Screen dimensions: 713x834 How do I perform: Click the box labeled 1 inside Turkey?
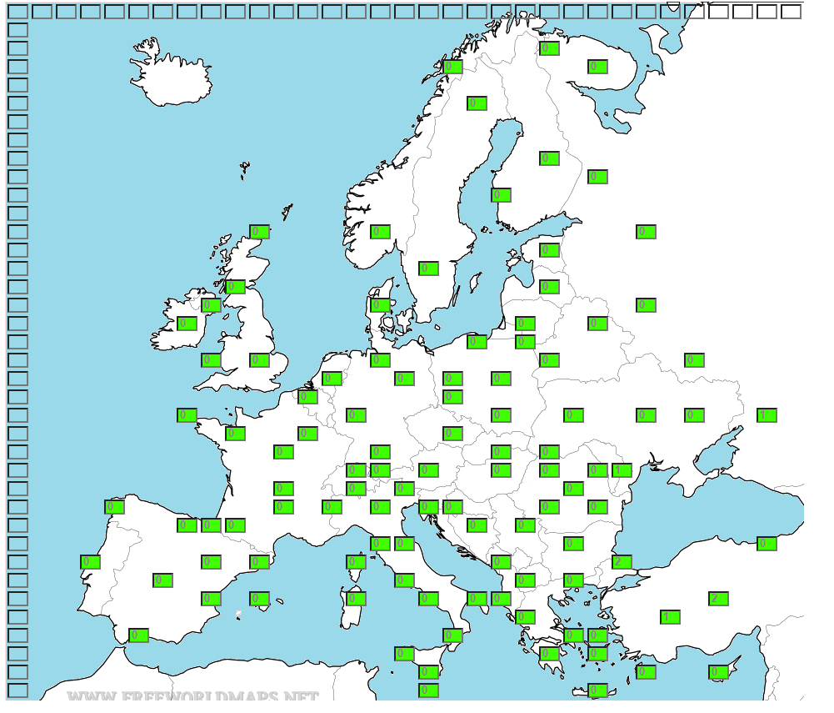coord(670,617)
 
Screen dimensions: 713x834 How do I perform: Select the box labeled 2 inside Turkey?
coord(718,599)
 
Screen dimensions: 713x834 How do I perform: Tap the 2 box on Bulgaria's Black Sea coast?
coord(622,562)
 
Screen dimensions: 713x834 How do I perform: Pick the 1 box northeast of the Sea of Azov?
coord(767,415)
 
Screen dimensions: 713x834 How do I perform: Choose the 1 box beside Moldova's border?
coord(622,470)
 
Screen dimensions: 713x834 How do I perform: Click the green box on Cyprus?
coord(718,672)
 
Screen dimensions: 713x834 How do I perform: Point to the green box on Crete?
coord(597,690)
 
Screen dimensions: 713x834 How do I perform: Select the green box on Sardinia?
coord(356,599)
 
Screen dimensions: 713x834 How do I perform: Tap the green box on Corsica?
coord(356,562)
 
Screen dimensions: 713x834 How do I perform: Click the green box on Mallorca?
coord(259,599)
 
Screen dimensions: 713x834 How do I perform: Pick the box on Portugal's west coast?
coord(90,562)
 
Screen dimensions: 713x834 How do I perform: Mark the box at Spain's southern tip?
coord(138,635)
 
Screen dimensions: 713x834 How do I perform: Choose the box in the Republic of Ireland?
coord(187,324)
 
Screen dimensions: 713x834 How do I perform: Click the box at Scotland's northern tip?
coord(259,232)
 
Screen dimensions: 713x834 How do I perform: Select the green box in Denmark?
coord(380,305)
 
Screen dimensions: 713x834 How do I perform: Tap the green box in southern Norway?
coord(380,232)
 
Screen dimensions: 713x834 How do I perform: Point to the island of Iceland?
coord(171,71)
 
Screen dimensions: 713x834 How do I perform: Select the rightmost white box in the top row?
coord(791,12)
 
